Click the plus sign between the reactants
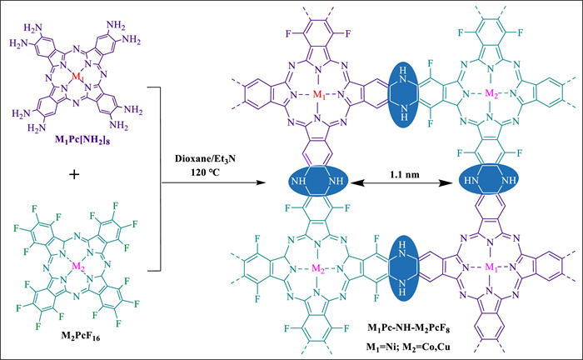[74, 174]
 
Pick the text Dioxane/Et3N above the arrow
[205, 159]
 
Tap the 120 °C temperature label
[205, 172]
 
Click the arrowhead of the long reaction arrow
[262, 182]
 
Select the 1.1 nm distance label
[405, 174]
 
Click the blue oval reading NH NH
[318, 181]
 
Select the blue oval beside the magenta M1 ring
[403, 267]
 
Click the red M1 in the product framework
[319, 94]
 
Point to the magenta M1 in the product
[491, 267]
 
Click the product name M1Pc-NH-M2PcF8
[408, 328]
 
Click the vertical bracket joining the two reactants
[160, 179]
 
